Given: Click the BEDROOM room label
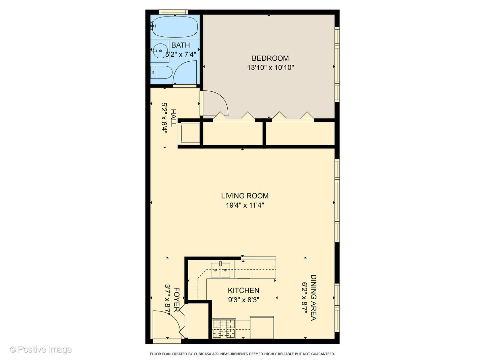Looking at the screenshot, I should (270, 58).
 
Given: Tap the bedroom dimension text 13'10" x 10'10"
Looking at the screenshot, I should (270, 67).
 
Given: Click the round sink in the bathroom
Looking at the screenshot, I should (160, 51).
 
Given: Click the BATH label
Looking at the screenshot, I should (181, 45).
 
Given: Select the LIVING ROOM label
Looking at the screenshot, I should (245, 196).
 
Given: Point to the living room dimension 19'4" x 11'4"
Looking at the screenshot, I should (245, 205).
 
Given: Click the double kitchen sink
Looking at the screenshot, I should (221, 270).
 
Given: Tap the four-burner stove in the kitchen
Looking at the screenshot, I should (224, 329).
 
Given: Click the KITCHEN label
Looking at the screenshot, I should (244, 291).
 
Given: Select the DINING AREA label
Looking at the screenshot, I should (313, 298).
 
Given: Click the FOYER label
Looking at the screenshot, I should (176, 300).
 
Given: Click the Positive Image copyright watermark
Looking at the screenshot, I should (41, 350).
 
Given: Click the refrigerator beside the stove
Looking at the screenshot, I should (262, 327).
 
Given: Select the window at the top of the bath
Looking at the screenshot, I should (173, 12).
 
